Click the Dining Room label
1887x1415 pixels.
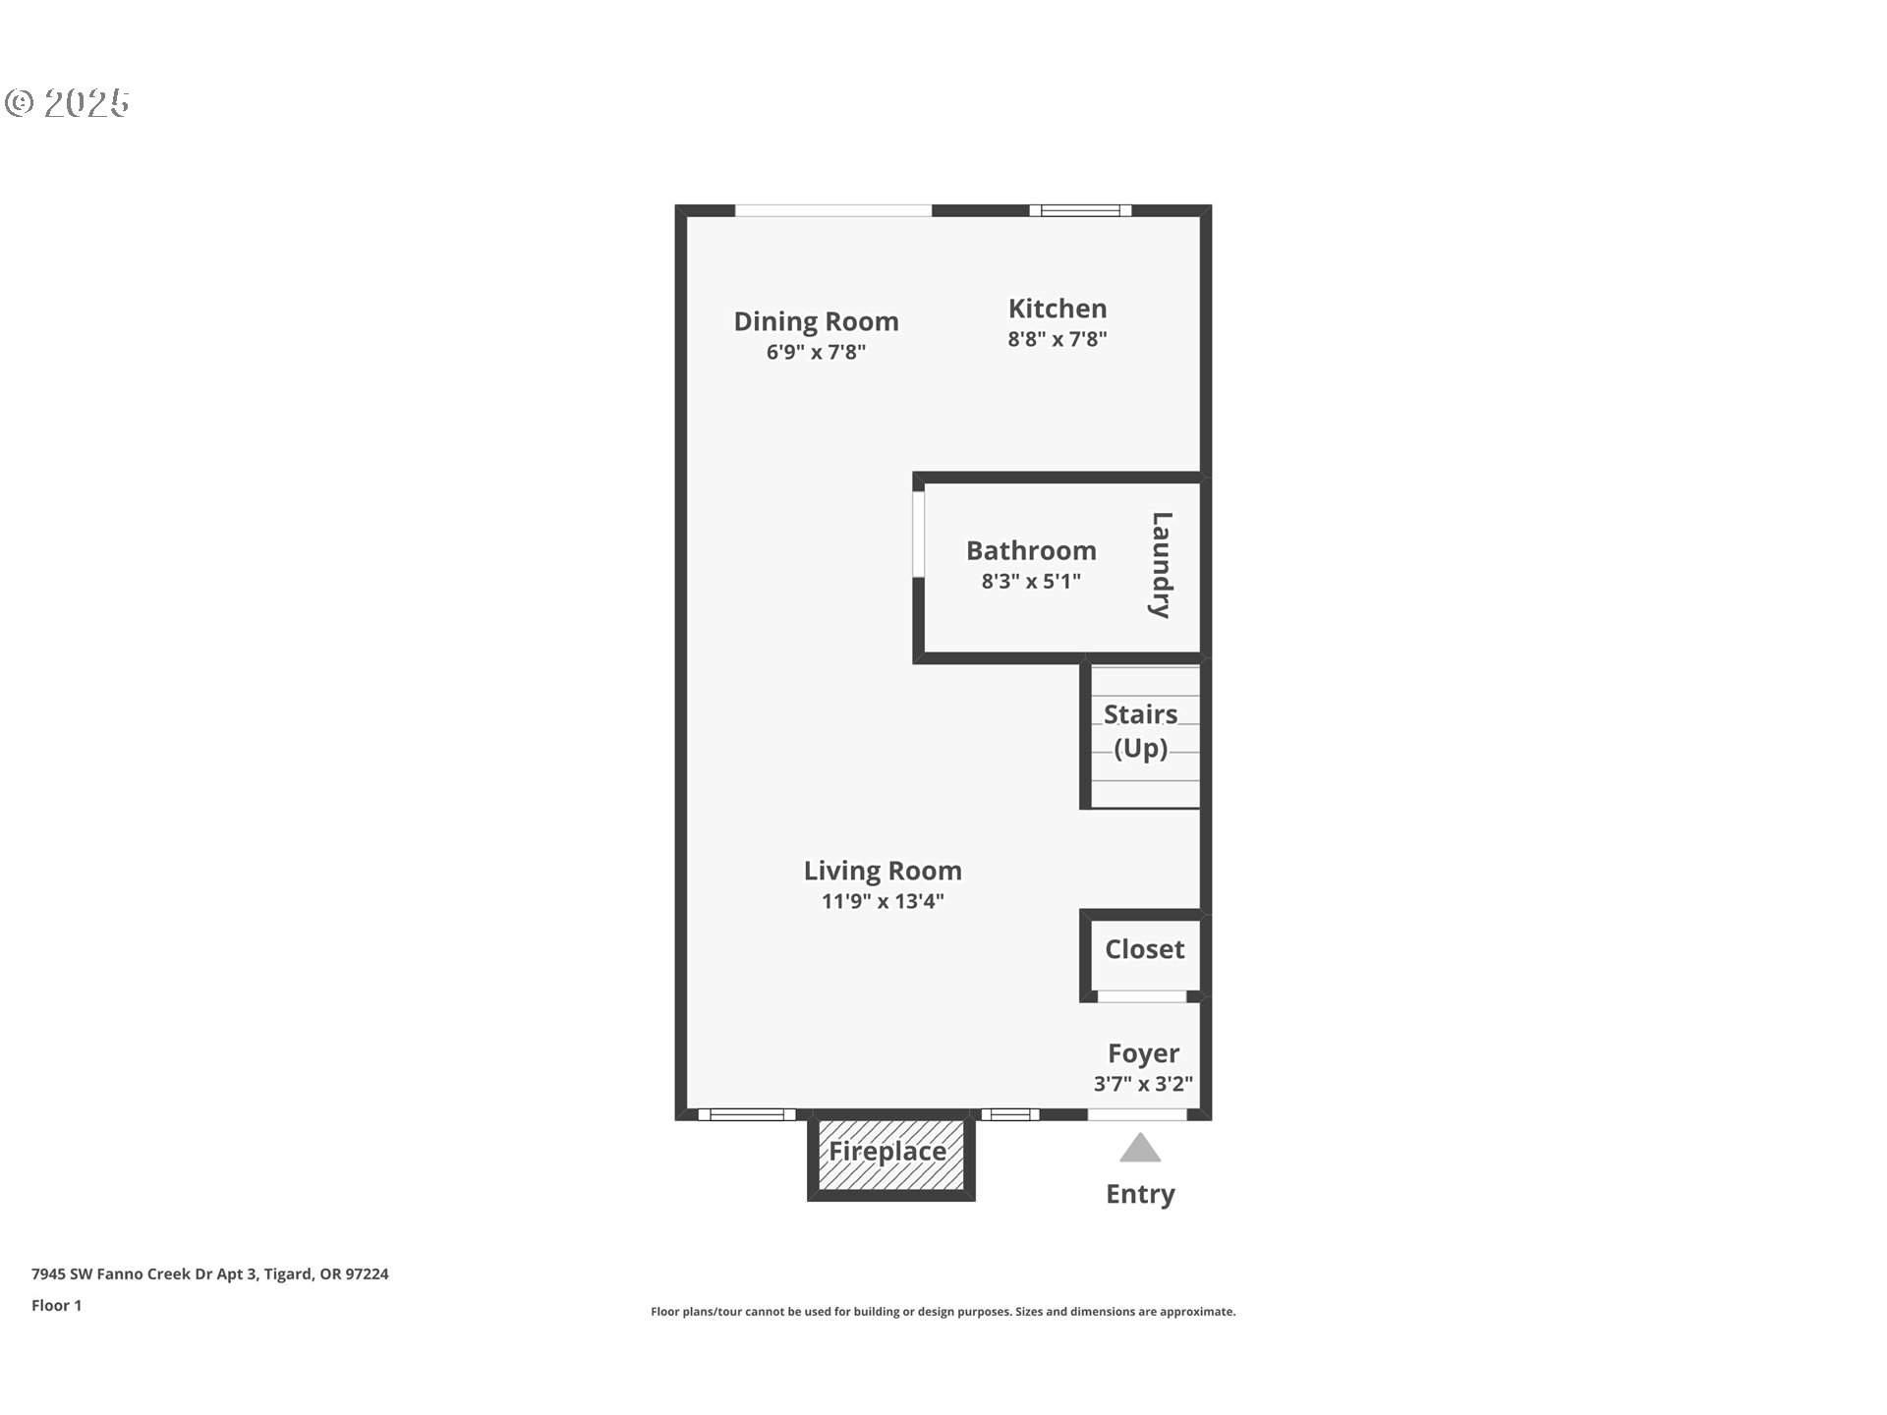(816, 321)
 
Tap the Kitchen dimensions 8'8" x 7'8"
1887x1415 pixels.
(1058, 339)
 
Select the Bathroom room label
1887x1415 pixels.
(1031, 550)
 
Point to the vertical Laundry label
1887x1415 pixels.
(1162, 565)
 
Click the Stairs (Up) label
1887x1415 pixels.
(1140, 731)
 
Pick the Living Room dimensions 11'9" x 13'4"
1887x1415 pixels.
(883, 901)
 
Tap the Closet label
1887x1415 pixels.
(1144, 949)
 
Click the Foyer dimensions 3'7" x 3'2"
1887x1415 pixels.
(1143, 1084)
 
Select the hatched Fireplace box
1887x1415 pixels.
(891, 1157)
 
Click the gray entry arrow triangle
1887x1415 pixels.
(1140, 1148)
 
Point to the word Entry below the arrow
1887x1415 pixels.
(1140, 1194)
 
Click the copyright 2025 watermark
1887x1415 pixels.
(67, 103)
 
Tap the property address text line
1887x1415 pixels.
(210, 1274)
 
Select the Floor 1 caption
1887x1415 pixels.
(56, 1306)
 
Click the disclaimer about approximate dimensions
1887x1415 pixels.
(943, 1312)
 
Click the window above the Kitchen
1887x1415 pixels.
(1080, 210)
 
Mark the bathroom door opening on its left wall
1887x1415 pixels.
(918, 534)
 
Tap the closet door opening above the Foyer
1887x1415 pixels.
(1141, 996)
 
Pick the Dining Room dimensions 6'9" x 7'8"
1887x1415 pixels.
(816, 352)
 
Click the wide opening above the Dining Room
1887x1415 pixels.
(833, 210)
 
